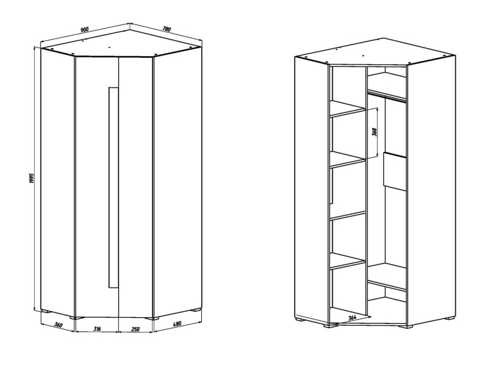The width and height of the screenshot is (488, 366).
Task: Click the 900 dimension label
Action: (85, 29)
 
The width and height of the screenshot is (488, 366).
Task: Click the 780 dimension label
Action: (167, 29)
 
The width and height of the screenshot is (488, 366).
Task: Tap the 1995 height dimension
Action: (31, 178)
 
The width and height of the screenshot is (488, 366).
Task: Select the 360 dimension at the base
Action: (58, 325)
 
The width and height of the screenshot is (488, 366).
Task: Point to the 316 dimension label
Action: (97, 329)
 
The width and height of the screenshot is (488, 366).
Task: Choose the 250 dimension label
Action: (135, 329)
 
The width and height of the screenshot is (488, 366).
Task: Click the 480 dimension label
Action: (176, 324)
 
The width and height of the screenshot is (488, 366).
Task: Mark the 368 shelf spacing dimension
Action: (375, 132)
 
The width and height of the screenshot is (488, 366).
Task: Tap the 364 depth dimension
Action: (352, 318)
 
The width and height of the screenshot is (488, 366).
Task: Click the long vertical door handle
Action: (113, 187)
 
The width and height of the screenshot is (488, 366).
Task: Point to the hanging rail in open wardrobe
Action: (387, 96)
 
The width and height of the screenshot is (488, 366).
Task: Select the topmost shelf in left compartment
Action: (347, 109)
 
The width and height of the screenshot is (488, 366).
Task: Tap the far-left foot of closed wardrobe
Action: (46, 311)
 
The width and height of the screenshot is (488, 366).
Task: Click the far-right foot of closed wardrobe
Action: (196, 310)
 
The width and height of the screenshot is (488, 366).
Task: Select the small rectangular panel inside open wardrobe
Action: (395, 171)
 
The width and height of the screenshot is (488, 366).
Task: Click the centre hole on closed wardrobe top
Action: (110, 48)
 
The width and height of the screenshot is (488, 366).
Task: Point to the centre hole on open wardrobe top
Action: (363, 56)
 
